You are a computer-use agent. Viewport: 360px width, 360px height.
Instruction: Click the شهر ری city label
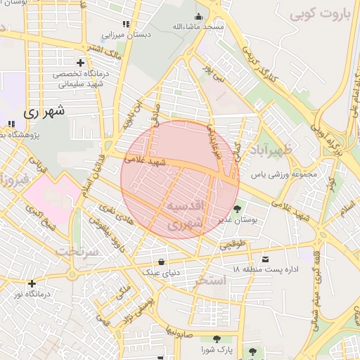point(44,111)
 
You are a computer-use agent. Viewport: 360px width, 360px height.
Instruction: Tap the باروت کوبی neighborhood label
point(319,13)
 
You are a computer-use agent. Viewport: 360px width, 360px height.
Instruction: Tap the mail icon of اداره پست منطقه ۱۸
point(264,259)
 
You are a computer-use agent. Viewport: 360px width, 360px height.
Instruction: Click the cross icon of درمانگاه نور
point(32,283)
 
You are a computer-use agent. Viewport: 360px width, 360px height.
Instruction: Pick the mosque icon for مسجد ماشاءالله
point(199,17)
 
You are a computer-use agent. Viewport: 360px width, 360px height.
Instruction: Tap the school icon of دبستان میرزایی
point(127,24)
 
